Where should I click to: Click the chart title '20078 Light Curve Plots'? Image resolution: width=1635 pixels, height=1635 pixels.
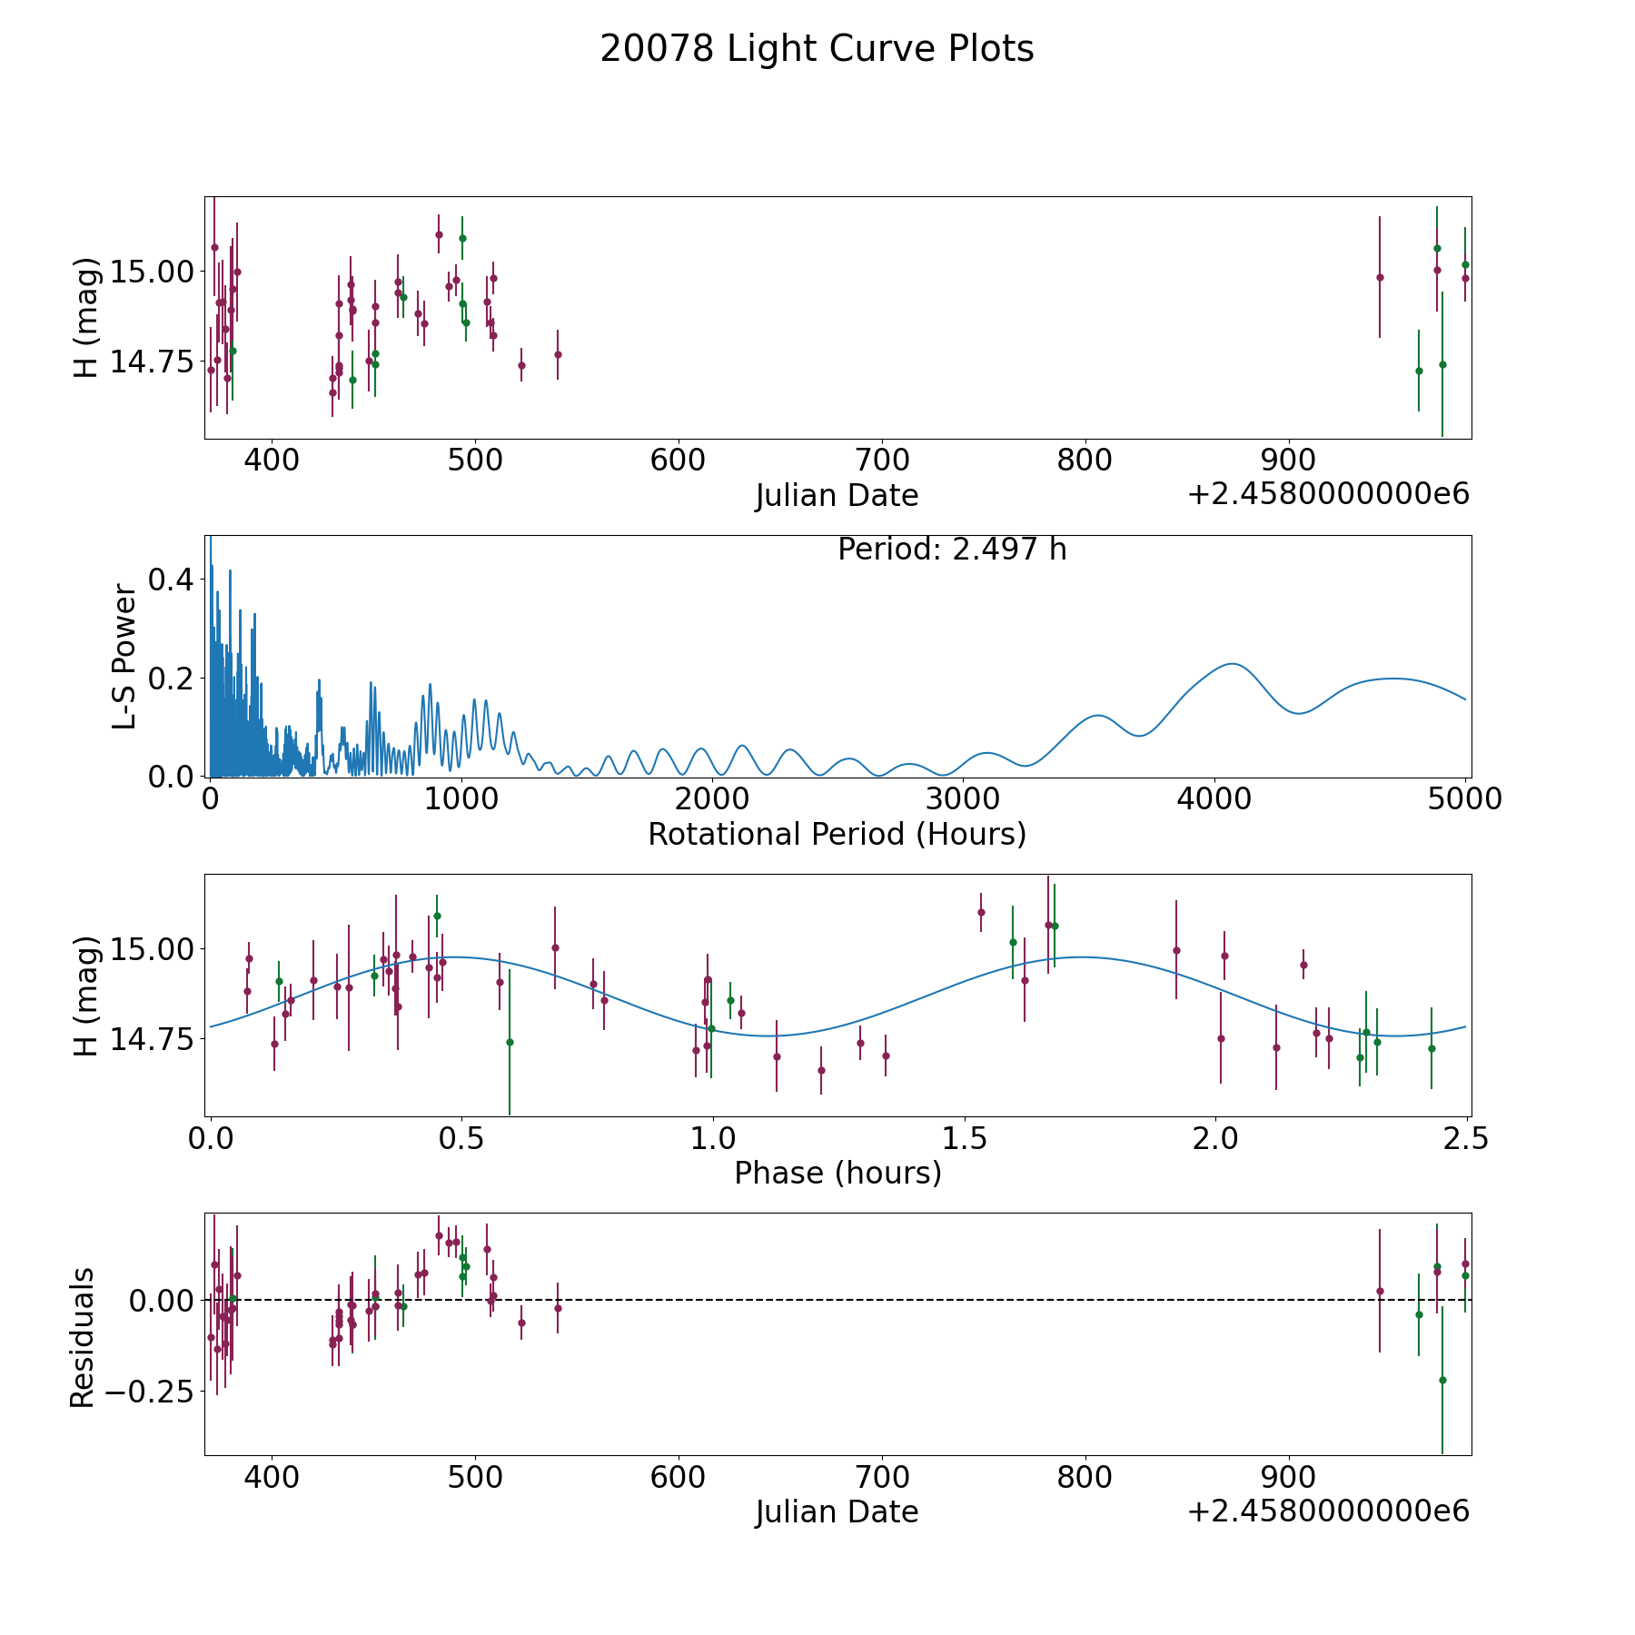click(x=817, y=49)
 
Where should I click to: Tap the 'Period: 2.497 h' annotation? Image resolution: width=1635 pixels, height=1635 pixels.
click(x=952, y=550)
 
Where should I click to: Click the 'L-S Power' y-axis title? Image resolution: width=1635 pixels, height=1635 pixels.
click(x=124, y=656)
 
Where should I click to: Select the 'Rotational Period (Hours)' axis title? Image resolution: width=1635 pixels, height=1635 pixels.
click(x=837, y=834)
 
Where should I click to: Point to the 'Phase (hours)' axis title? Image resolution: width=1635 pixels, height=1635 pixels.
click(x=837, y=1173)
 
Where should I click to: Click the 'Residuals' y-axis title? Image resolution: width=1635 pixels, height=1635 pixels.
click(x=83, y=1337)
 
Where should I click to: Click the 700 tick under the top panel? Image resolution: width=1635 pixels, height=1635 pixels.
click(x=882, y=461)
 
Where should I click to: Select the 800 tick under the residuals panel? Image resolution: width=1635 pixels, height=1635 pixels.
click(x=1085, y=1477)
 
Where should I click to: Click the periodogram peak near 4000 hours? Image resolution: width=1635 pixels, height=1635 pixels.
click(x=1232, y=664)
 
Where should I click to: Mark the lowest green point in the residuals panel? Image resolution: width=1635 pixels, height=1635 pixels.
click(x=1442, y=1380)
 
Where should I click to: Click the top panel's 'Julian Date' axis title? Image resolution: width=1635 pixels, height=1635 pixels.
click(x=837, y=496)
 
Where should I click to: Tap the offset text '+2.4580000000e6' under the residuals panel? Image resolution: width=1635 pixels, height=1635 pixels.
click(x=1328, y=1511)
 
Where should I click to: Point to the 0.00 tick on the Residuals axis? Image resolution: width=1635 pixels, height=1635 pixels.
click(x=160, y=1300)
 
